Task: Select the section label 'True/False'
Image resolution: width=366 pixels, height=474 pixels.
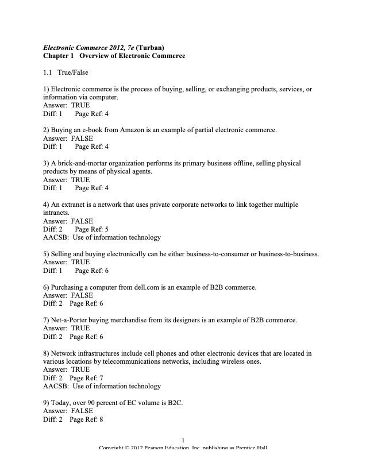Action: click(73, 72)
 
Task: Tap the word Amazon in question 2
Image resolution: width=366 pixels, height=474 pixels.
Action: click(136, 130)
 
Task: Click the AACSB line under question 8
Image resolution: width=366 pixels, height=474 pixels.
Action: click(102, 387)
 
